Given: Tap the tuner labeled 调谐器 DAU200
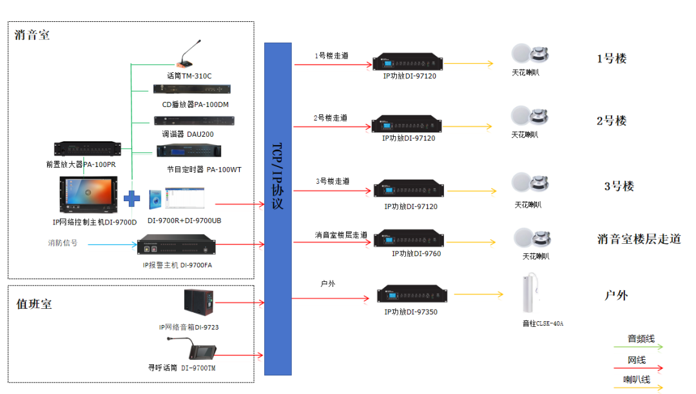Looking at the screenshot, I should pos(193,121).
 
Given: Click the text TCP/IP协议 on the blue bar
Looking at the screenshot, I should pos(278,175).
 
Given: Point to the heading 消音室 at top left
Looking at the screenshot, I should pos(32,35).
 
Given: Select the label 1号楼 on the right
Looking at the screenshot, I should pos(612,59).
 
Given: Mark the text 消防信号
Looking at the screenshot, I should pos(63,243).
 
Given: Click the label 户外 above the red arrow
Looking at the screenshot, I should pos(327,283).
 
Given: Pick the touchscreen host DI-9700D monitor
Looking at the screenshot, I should pos(90,195).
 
